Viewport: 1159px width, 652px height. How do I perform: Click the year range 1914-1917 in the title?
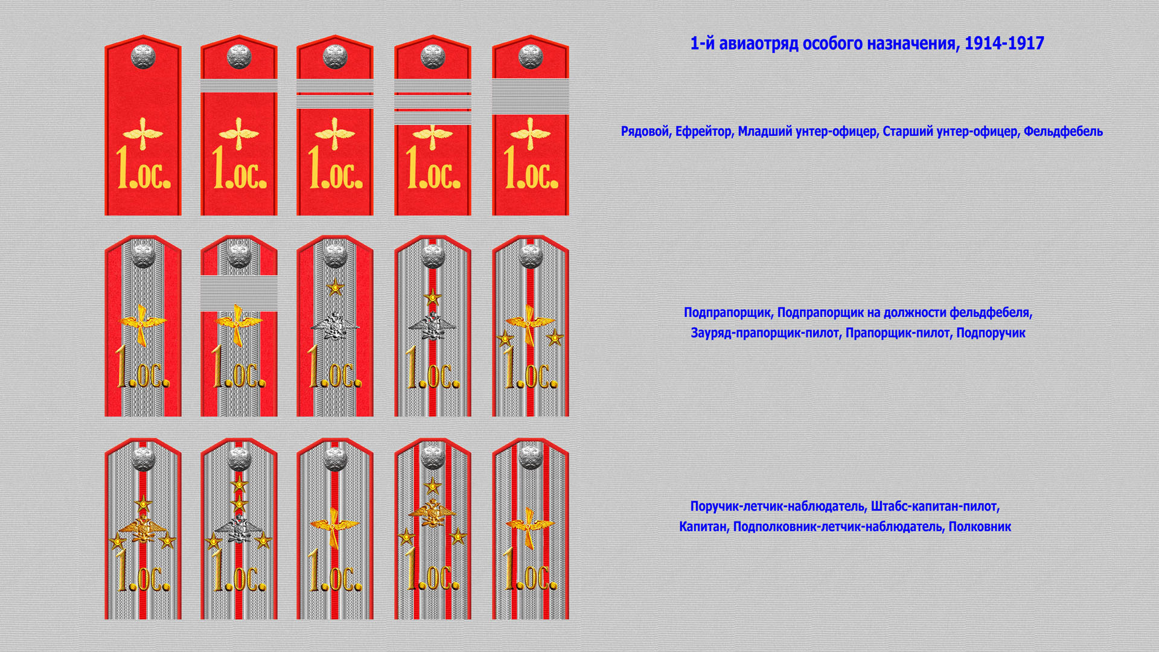pyautogui.click(x=1004, y=43)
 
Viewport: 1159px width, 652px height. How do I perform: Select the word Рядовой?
pyautogui.click(x=645, y=132)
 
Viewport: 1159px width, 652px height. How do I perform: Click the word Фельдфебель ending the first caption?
pyautogui.click(x=1063, y=132)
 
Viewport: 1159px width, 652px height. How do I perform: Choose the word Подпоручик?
pyautogui.click(x=991, y=333)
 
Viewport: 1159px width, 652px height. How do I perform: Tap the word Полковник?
pyautogui.click(x=980, y=526)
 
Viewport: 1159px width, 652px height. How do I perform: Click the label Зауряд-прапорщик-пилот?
pyautogui.click(x=765, y=333)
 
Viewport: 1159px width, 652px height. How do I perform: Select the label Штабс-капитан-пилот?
pyautogui.click(x=934, y=507)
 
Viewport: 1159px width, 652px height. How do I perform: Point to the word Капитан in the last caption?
pyautogui.click(x=703, y=526)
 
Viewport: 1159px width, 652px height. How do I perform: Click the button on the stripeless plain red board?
pyautogui.click(x=143, y=56)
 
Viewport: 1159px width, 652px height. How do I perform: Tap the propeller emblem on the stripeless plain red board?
pyautogui.click(x=143, y=133)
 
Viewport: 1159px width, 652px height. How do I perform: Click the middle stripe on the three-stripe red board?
pyautogui.click(x=433, y=102)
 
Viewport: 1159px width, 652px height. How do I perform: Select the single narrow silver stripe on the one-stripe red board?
pyautogui.click(x=239, y=86)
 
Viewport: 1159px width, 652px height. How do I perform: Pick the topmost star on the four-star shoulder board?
pyautogui.click(x=239, y=484)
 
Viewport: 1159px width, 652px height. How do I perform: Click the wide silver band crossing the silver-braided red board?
pyautogui.click(x=239, y=293)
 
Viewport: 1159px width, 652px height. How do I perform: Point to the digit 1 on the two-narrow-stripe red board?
pyautogui.click(x=314, y=167)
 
